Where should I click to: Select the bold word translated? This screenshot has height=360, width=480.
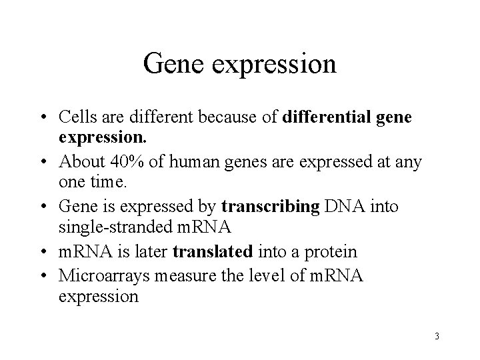213,251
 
